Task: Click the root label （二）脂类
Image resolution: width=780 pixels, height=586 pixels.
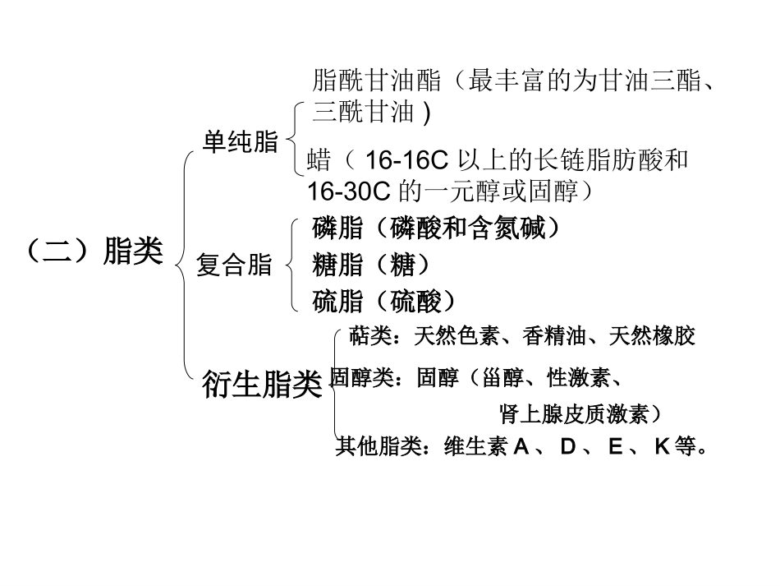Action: [x=94, y=251]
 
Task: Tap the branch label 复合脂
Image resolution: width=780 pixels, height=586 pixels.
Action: [x=234, y=265]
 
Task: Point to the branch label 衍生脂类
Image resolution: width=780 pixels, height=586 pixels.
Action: [x=262, y=385]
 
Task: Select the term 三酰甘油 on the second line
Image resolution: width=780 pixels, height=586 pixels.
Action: [x=364, y=111]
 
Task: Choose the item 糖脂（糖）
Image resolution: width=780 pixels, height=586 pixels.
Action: [x=372, y=265]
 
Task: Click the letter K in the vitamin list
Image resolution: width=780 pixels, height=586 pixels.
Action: [x=663, y=447]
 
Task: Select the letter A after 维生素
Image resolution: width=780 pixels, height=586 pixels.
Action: [x=521, y=447]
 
